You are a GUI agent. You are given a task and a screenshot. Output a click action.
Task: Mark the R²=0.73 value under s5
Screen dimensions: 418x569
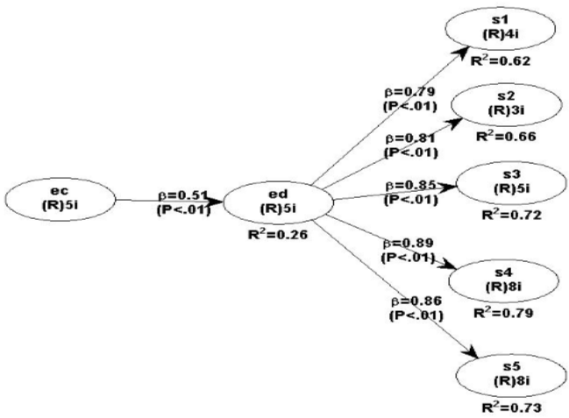click(504, 407)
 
